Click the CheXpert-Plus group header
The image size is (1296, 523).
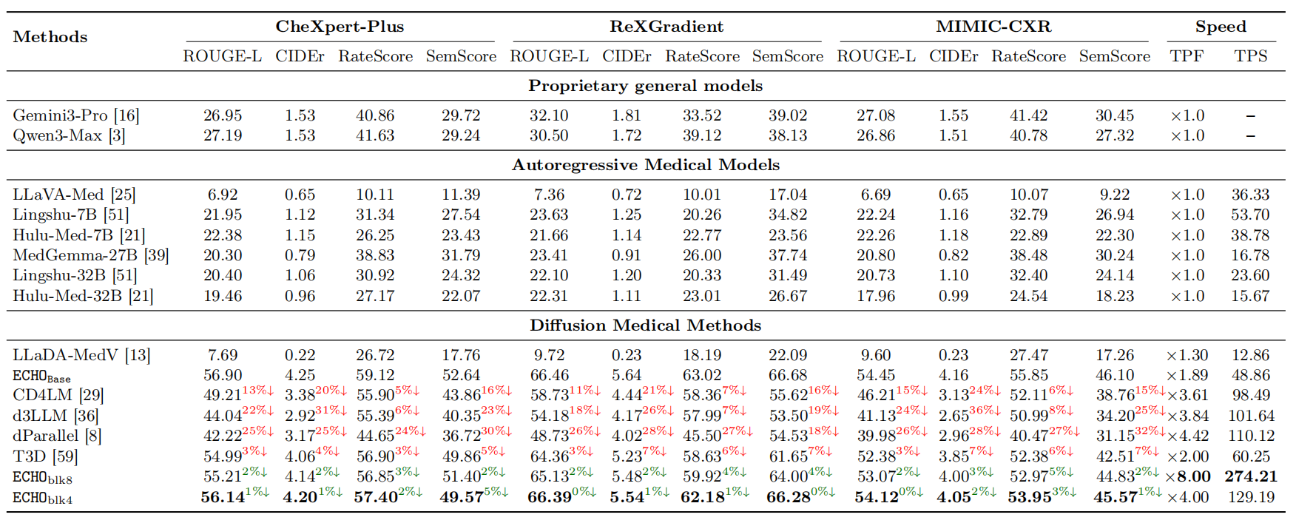340,27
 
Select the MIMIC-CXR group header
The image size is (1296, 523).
993,27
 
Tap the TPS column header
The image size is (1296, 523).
1250,56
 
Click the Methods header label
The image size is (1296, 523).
50,37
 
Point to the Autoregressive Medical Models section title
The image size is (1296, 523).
645,165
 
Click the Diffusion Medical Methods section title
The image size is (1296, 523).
645,325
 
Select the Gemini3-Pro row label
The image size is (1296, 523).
75,115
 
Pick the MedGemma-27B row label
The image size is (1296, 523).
90,255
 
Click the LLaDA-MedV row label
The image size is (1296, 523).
81,355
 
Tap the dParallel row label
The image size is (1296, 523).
57,436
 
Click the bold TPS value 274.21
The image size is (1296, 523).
1250,476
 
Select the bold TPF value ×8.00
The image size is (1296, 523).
1188,476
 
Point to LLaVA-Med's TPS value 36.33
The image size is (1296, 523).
1250,195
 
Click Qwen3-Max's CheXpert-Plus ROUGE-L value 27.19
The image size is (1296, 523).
223,135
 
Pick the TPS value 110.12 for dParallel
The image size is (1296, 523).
1251,436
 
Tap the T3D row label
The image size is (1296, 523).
45,456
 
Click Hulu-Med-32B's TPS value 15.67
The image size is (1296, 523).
1250,296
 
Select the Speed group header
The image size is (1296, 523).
1221,27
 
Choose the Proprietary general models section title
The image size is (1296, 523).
645,86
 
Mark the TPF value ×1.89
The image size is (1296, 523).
1187,376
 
